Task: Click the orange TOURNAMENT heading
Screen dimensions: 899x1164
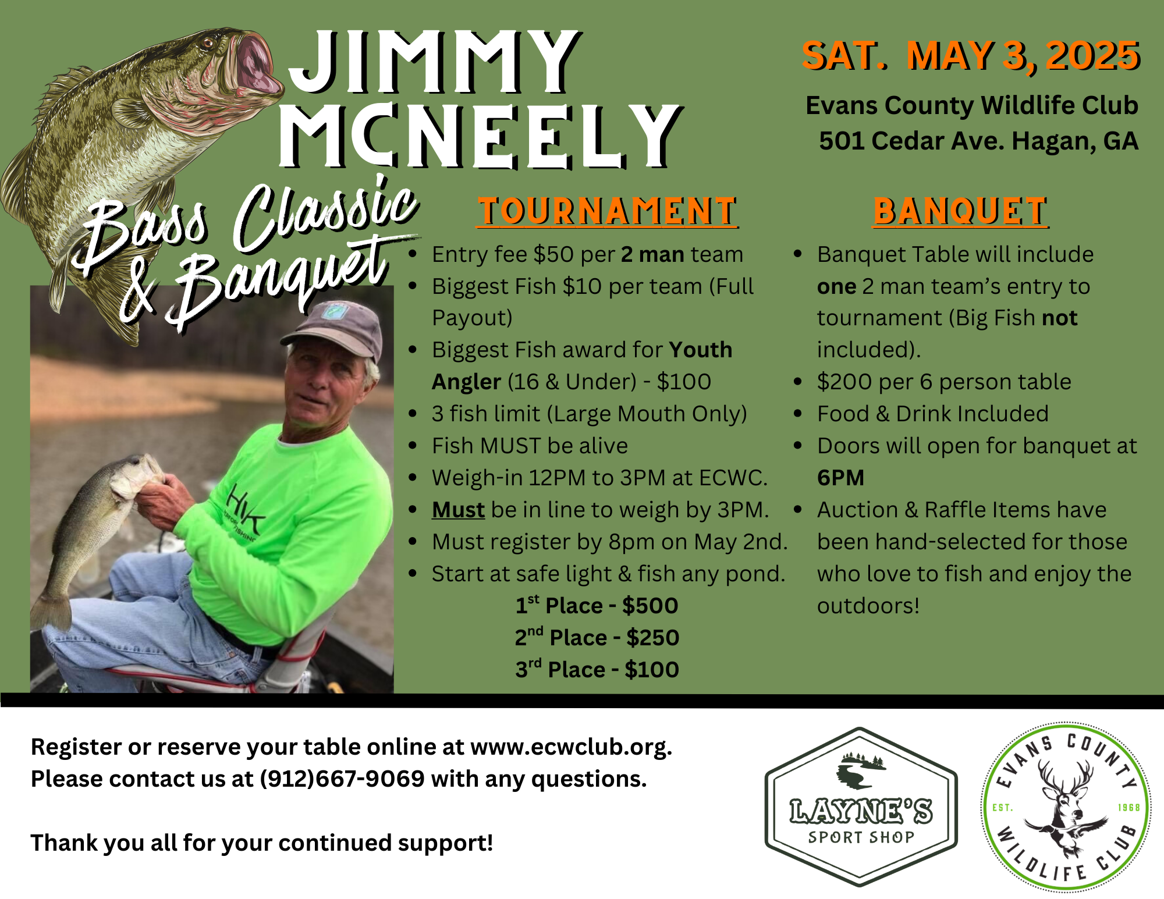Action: [608, 211]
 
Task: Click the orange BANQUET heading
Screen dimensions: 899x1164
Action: [960, 211]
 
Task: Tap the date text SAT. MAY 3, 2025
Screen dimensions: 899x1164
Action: [970, 56]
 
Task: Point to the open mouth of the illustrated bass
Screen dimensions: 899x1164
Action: [256, 64]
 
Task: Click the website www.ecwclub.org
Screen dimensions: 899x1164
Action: [570, 747]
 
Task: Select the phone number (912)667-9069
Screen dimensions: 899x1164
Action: [342, 779]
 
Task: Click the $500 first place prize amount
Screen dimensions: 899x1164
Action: [650, 606]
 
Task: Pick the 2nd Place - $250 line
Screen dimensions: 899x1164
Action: [597, 638]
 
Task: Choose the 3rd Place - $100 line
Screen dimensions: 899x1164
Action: [597, 670]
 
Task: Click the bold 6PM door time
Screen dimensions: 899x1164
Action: [840, 478]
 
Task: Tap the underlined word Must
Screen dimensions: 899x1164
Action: [458, 510]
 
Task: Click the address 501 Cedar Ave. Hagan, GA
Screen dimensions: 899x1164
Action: [978, 141]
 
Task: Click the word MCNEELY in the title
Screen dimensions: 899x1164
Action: [480, 137]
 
